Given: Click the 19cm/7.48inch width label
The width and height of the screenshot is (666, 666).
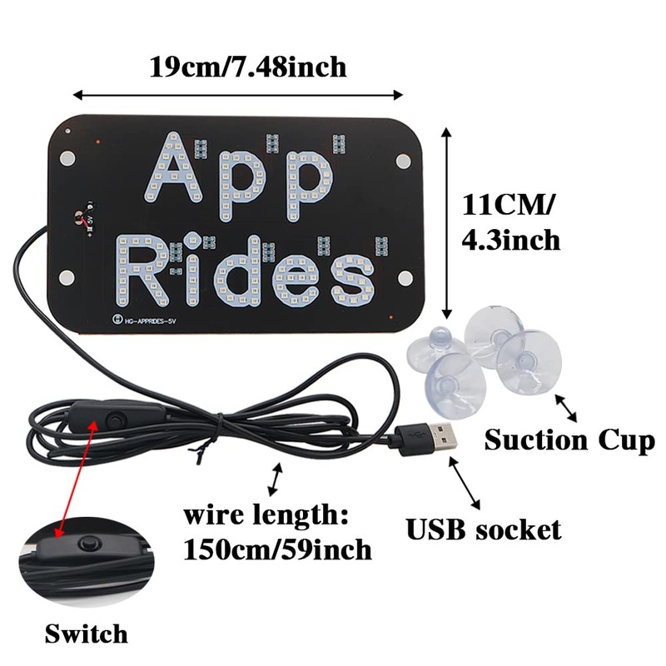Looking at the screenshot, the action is (x=247, y=66).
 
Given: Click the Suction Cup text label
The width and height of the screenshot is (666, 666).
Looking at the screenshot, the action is (x=569, y=440).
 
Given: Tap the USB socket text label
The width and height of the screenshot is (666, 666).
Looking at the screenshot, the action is (x=483, y=528).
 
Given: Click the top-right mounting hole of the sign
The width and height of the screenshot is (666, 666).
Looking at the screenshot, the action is (x=403, y=157).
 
